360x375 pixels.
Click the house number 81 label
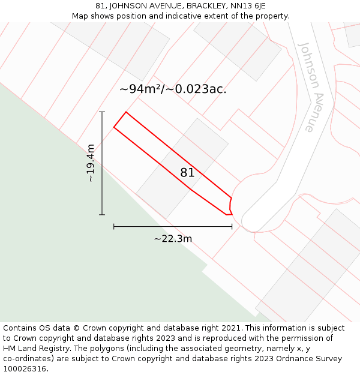187,173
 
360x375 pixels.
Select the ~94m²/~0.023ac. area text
173,89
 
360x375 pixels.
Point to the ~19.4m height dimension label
90,163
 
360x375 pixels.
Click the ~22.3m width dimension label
173,239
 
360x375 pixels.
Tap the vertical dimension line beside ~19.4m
102,180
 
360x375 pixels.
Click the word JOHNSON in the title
130,6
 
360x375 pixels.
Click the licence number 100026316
25,369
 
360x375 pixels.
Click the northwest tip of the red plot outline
125,112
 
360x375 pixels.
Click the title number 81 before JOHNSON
100,6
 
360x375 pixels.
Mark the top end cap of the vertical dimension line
102,112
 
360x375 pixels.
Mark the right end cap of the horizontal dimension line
232,226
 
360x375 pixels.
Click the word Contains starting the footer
20,328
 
